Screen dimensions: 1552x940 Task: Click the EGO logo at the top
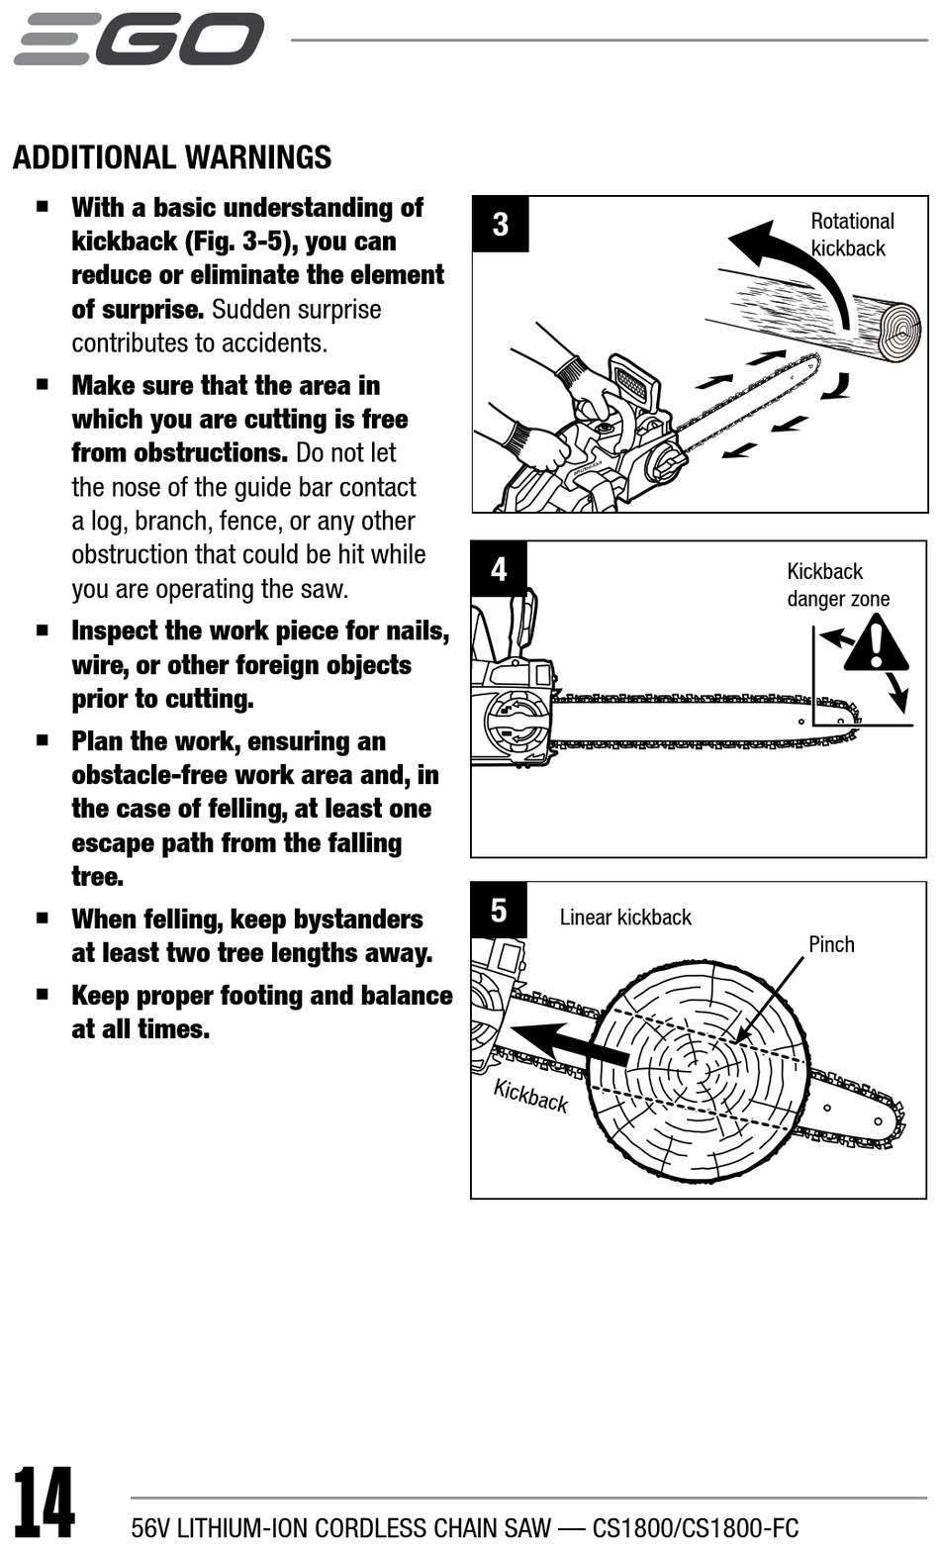pyautogui.click(x=140, y=39)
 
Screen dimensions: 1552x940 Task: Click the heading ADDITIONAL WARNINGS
pyautogui.click(x=172, y=157)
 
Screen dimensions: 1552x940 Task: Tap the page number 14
pyautogui.click(x=45, y=1503)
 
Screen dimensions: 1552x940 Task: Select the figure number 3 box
pyautogui.click(x=500, y=225)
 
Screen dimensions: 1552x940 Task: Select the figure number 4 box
pyautogui.click(x=499, y=569)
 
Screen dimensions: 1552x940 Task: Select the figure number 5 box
pyautogui.click(x=499, y=910)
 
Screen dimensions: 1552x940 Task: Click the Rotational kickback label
pyautogui.click(x=851, y=235)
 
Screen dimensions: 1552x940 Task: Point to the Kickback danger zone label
pyautogui.click(x=837, y=585)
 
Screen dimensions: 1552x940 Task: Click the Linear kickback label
pyautogui.click(x=625, y=918)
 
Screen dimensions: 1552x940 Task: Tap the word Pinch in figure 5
pyautogui.click(x=831, y=944)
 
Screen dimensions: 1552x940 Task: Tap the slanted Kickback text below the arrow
pyautogui.click(x=530, y=1096)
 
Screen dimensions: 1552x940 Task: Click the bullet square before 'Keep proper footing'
pyautogui.click(x=43, y=995)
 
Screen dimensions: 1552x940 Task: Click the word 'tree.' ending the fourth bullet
pyautogui.click(x=97, y=877)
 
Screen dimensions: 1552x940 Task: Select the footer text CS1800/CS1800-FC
pyautogui.click(x=695, y=1528)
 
